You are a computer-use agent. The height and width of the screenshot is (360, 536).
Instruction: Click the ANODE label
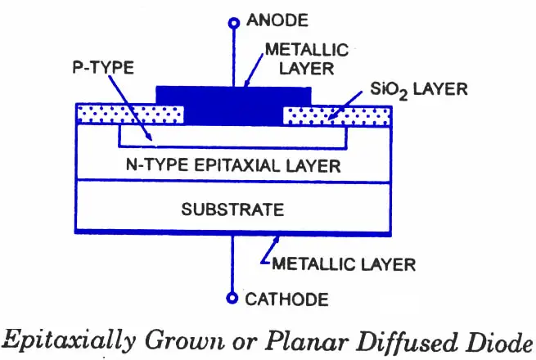(x=277, y=20)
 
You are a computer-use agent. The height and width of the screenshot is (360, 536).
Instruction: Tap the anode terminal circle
(x=234, y=23)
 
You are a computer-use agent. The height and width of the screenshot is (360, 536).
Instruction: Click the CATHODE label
(x=286, y=299)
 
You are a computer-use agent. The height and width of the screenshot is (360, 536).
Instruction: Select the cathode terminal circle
(x=232, y=298)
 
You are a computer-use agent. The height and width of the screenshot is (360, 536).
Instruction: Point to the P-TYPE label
(x=103, y=67)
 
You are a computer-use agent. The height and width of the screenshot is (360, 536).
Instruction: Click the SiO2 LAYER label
(x=419, y=89)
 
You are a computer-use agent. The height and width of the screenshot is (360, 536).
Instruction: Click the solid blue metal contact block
(x=233, y=106)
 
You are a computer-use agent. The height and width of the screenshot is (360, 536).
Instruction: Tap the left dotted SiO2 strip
(x=130, y=115)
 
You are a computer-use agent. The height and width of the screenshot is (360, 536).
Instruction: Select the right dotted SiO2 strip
(x=336, y=116)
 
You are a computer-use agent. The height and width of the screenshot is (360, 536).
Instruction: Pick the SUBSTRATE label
(x=232, y=209)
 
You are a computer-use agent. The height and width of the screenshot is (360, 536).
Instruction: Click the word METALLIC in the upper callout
(x=307, y=50)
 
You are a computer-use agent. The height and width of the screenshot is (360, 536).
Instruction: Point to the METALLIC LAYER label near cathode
(x=344, y=264)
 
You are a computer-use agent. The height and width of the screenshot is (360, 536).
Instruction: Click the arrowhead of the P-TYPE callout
(x=150, y=137)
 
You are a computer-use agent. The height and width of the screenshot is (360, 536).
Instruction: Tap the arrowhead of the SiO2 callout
(x=330, y=116)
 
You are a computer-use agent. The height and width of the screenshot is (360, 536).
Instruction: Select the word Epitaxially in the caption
(x=69, y=341)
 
